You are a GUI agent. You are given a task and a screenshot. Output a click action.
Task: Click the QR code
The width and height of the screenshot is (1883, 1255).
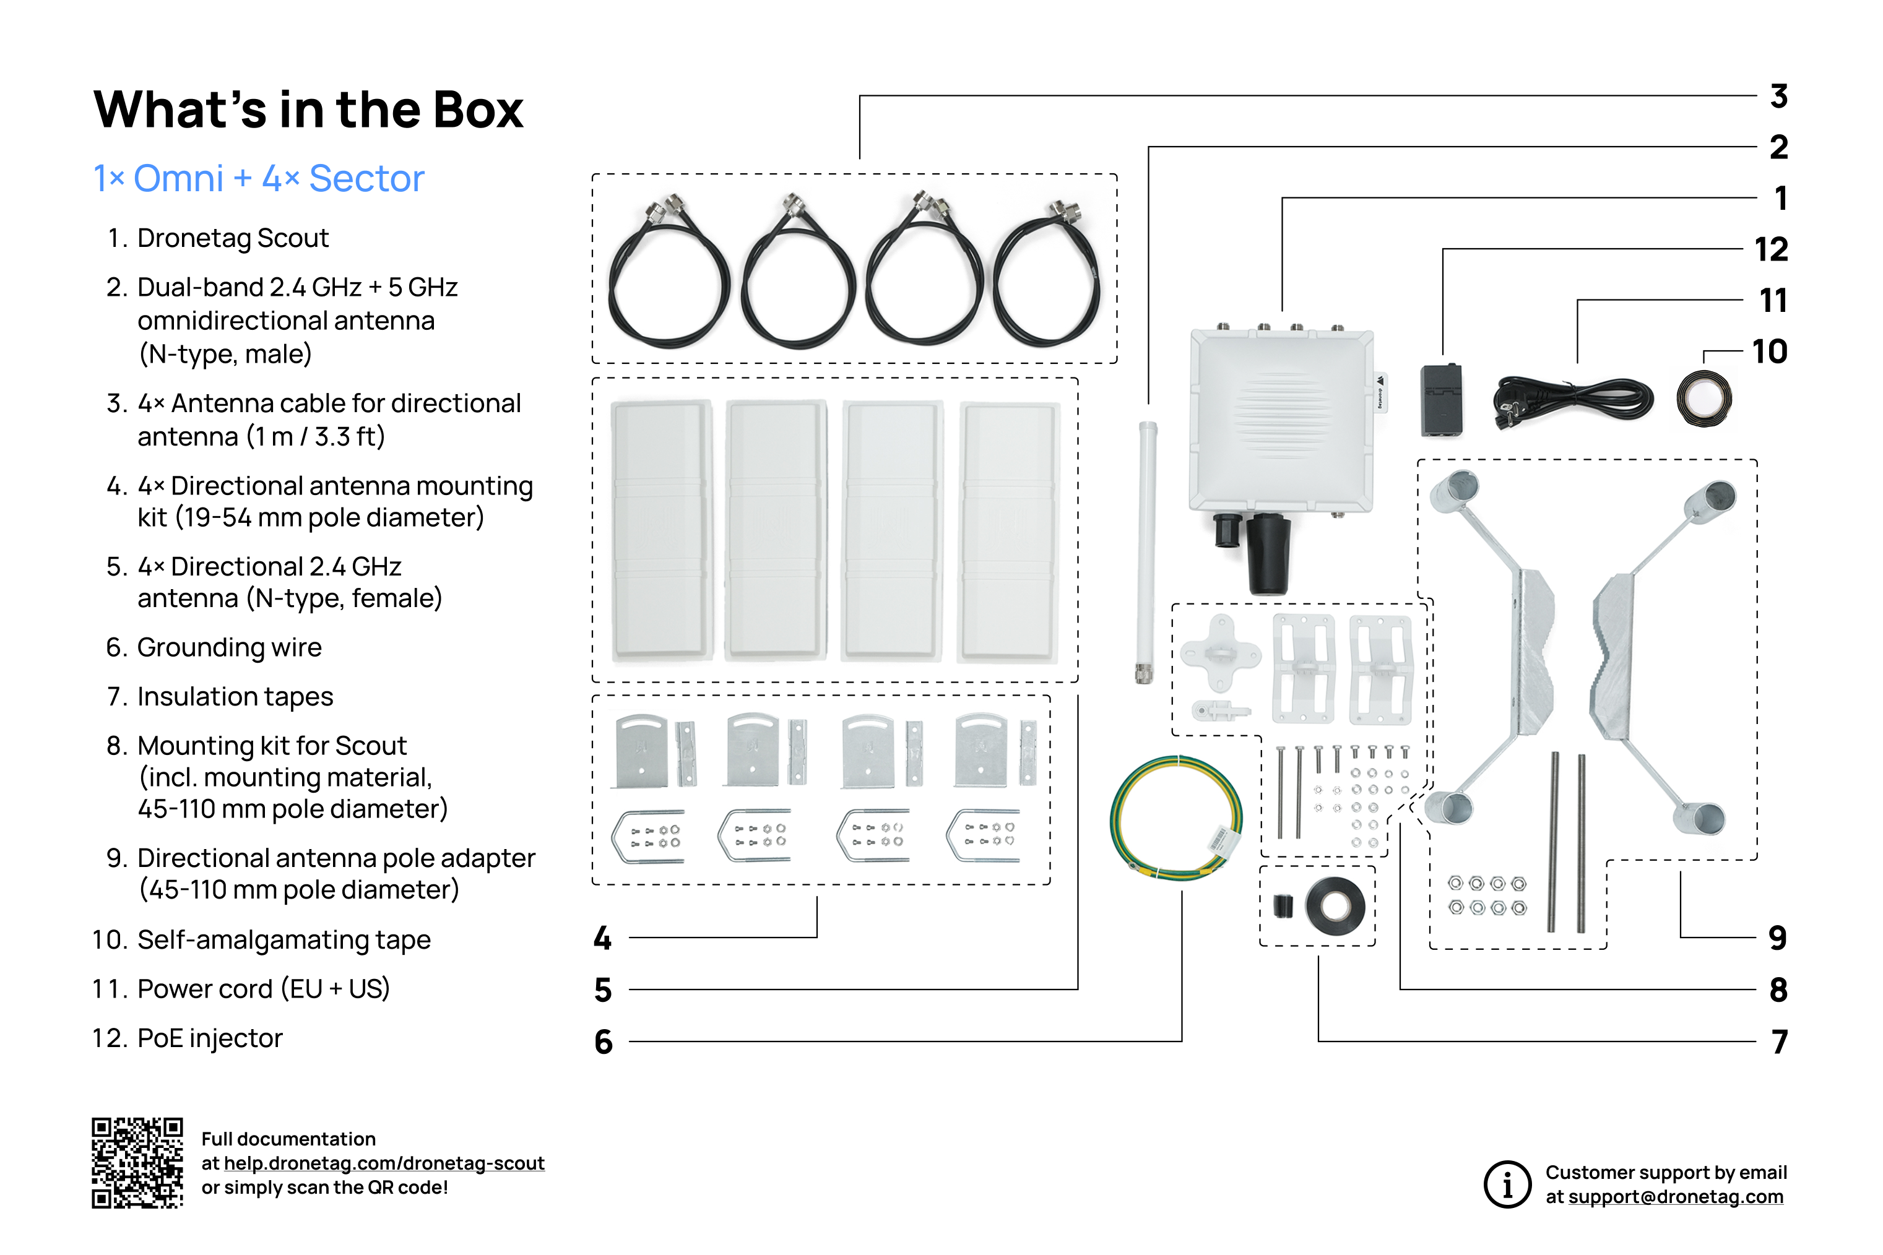point(137,1162)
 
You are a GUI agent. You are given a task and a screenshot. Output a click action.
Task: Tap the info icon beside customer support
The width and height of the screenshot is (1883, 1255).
point(1507,1184)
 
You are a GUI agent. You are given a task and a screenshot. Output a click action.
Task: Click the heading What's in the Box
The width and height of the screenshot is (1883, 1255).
point(308,110)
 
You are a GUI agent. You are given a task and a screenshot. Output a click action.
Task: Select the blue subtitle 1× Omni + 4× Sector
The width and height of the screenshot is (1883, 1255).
point(259,178)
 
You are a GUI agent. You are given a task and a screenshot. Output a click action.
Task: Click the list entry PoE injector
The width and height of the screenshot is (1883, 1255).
point(210,1038)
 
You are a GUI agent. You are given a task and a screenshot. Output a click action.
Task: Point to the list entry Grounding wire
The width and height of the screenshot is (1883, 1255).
point(229,647)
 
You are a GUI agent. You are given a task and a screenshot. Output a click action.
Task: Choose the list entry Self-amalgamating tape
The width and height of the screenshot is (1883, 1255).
point(284,939)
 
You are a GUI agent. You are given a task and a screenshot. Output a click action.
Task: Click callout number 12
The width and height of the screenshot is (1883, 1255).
point(1770,250)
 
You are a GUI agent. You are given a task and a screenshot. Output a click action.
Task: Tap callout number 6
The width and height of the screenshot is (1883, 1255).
point(603,1042)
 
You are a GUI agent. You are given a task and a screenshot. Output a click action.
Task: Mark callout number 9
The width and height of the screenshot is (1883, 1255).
point(1777,938)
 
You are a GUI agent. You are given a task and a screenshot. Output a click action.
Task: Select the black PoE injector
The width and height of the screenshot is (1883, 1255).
point(1441,400)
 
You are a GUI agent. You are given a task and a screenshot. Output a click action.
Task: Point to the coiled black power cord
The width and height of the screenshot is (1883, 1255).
point(1572,400)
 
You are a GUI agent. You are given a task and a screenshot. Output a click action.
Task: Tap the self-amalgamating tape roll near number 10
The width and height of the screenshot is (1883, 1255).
point(1703,399)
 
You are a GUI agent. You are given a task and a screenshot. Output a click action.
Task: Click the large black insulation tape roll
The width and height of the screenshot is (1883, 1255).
point(1335,907)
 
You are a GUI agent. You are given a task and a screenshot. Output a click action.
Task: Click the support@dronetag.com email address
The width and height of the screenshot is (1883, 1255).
point(1676,1197)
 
